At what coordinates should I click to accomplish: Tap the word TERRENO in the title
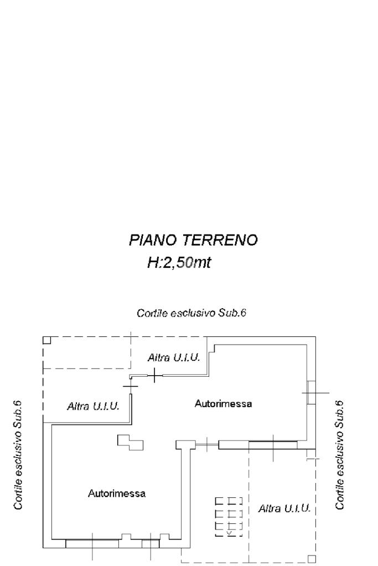click(220, 240)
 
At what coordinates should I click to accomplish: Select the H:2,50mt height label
click(179, 262)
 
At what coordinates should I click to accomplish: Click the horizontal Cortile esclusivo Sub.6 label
click(191, 313)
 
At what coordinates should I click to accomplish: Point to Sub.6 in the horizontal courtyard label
click(232, 313)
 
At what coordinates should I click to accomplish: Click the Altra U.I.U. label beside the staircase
click(284, 508)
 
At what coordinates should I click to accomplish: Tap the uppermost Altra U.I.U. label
click(174, 357)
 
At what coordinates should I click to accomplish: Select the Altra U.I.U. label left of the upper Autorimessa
click(93, 406)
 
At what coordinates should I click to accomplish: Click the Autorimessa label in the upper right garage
click(223, 403)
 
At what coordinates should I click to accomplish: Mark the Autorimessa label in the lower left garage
click(117, 493)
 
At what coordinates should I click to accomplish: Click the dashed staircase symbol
click(229, 517)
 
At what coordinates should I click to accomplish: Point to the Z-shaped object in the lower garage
click(130, 442)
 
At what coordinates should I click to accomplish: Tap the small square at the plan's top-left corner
click(47, 340)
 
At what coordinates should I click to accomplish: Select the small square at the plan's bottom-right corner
click(312, 558)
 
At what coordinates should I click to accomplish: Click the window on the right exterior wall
click(311, 392)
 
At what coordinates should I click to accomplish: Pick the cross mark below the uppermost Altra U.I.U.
click(154, 376)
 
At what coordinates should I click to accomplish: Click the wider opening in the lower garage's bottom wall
click(92, 544)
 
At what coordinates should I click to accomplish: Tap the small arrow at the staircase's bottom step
click(229, 532)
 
